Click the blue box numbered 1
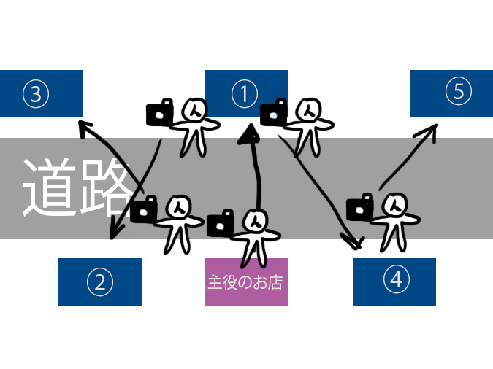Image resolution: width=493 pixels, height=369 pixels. point(246,93)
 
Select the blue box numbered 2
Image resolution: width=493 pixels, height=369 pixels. point(100,281)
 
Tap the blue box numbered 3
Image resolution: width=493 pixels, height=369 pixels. point(41,93)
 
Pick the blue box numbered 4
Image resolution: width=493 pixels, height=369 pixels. point(394,281)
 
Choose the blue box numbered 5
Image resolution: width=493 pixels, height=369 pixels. point(451,93)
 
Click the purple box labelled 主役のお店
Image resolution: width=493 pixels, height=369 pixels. point(246,281)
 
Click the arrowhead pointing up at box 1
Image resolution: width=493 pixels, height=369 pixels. point(250,132)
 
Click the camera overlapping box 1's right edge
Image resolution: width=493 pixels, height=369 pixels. point(273,112)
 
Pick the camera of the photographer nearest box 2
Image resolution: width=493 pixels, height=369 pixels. point(143,211)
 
